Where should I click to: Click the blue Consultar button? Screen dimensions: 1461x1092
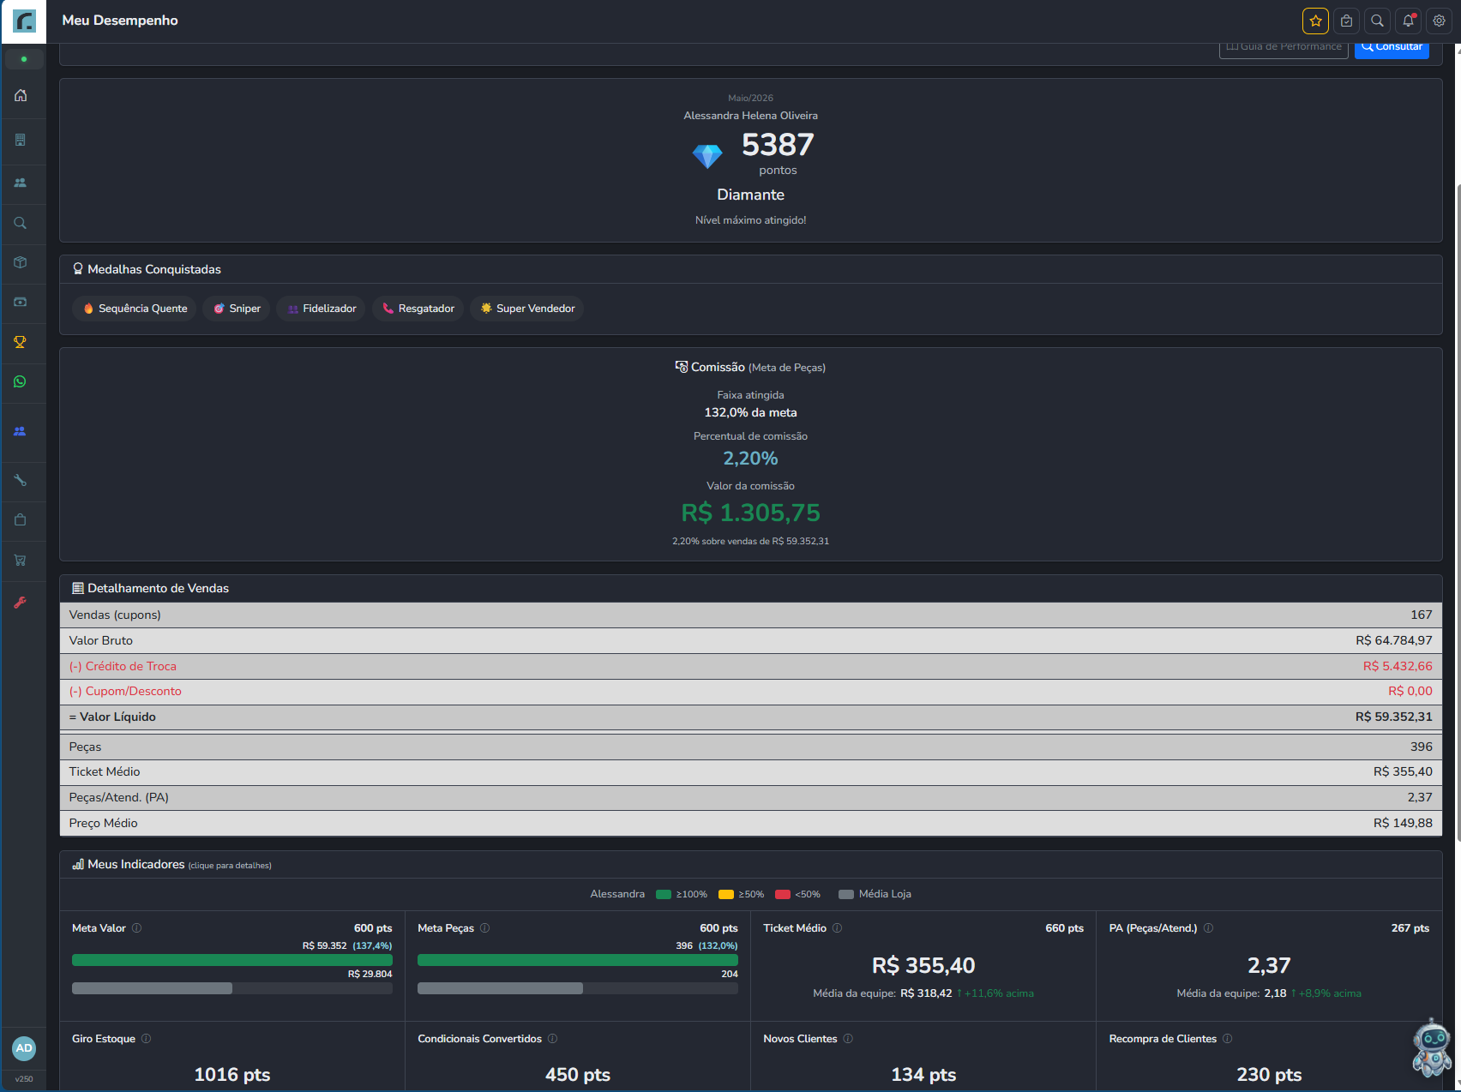(1392, 48)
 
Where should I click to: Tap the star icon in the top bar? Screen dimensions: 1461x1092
(1315, 21)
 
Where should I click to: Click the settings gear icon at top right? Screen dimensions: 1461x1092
(1439, 21)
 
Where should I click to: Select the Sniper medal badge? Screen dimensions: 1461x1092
(237, 309)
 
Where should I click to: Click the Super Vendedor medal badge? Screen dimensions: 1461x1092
(527, 309)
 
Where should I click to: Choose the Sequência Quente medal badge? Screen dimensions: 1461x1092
(135, 309)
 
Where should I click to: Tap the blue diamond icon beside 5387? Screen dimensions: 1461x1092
(707, 156)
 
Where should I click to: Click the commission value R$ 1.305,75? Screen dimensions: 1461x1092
(750, 513)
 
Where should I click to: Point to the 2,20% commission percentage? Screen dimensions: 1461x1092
(750, 459)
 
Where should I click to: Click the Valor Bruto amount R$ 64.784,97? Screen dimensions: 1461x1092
(1393, 640)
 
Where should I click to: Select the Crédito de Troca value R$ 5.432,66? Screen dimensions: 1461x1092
(1398, 666)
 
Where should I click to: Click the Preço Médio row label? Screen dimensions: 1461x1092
(103, 823)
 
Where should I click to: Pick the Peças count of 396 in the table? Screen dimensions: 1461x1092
(1421, 747)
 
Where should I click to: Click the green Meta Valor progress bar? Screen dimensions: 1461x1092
(232, 960)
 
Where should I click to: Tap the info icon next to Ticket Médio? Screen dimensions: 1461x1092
(838, 928)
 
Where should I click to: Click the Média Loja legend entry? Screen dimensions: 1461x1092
(875, 894)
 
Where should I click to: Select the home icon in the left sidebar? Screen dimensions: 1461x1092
(21, 95)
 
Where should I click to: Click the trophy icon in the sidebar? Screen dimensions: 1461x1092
(21, 342)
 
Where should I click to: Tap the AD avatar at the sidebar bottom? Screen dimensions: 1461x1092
(24, 1048)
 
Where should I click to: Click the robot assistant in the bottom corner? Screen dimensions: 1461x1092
(1432, 1047)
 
